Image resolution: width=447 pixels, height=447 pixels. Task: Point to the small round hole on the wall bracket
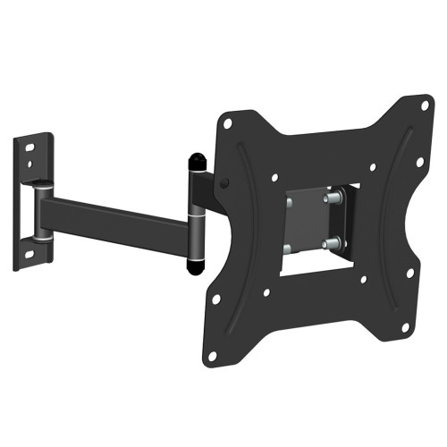click(32, 165)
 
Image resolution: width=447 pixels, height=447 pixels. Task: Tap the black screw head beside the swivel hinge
click(223, 185)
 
